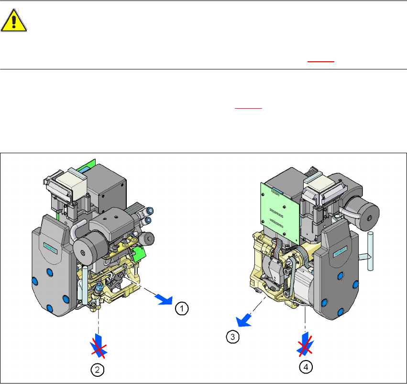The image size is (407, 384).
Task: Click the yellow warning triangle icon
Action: tap(14, 20)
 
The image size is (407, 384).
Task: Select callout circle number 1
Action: tap(182, 308)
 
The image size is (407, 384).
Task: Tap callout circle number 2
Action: tap(98, 370)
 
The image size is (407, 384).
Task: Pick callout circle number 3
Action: tap(232, 337)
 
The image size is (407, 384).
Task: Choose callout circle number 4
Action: tap(306, 367)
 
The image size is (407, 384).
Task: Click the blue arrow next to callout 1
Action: tap(164, 299)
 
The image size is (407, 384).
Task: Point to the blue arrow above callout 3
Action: tap(243, 320)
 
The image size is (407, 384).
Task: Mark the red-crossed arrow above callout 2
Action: tap(99, 346)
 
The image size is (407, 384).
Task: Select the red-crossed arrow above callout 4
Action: tap(305, 345)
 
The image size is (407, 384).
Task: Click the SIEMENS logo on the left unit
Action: tap(50, 248)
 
